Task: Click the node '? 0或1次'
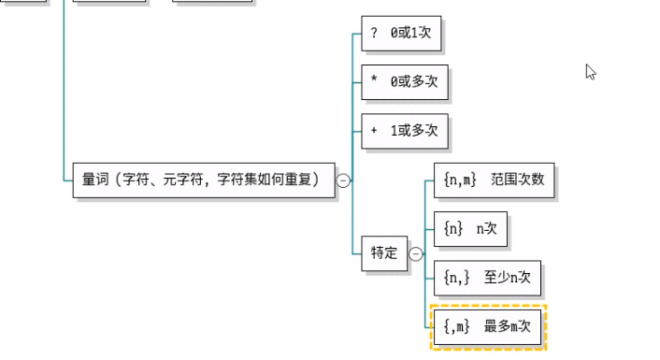pos(401,34)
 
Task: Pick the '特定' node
pos(384,252)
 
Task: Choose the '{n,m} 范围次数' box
pos(494,180)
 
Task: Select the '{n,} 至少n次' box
pos(486,277)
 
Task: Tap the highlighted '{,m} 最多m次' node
pos(487,326)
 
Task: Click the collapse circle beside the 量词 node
pos(343,180)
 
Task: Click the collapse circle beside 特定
pos(416,253)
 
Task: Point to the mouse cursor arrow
pos(590,71)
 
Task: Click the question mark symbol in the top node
pos(374,34)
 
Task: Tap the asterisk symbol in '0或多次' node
pos(374,82)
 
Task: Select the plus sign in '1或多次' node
pos(374,131)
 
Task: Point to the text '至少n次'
pos(507,277)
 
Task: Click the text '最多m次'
pos(508,326)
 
